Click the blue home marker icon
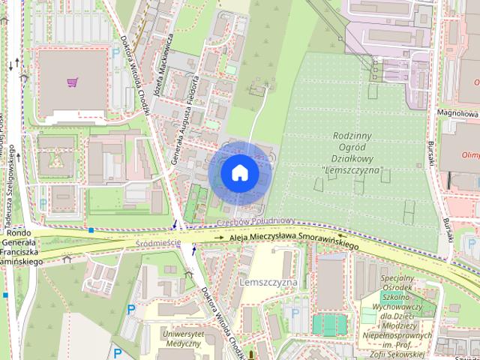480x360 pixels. click(x=239, y=172)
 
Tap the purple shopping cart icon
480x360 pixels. click(x=73, y=82)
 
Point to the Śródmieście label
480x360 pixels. click(x=158, y=243)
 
